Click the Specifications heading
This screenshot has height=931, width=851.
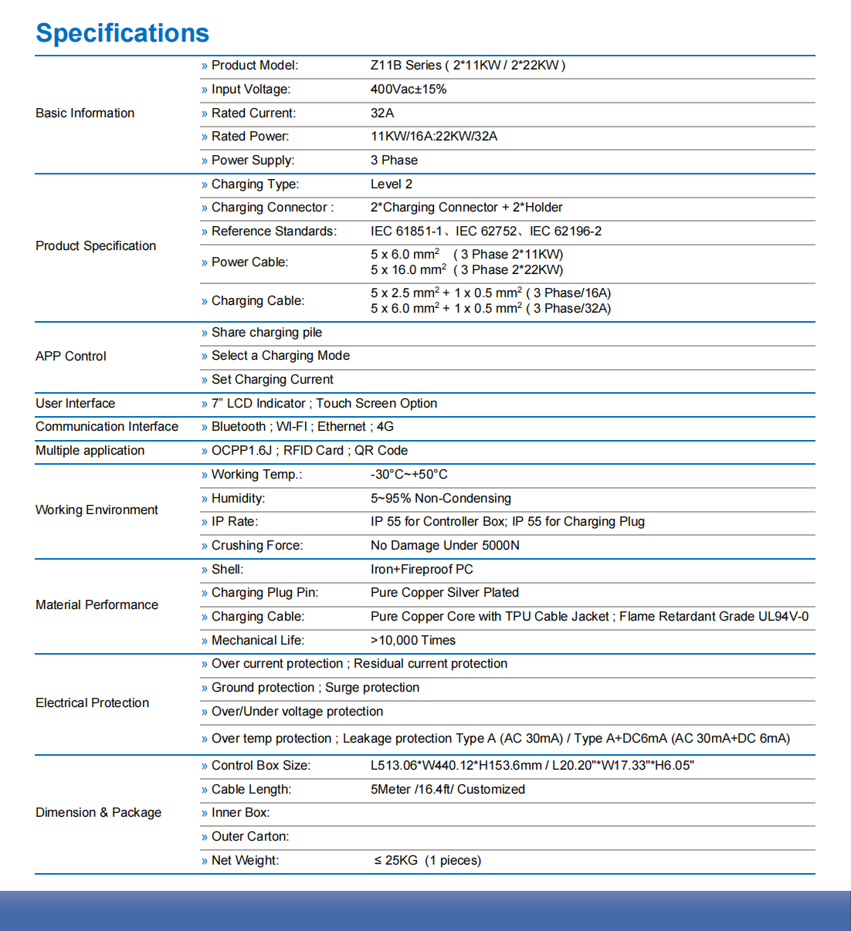pyautogui.click(x=122, y=33)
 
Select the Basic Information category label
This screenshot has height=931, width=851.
pyautogui.click(x=85, y=113)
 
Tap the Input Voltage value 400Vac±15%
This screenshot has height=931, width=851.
pyautogui.click(x=408, y=90)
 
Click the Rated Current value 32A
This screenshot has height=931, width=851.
pyautogui.click(x=382, y=113)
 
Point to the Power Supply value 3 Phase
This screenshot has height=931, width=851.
pyautogui.click(x=394, y=161)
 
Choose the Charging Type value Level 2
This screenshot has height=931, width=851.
pyautogui.click(x=391, y=185)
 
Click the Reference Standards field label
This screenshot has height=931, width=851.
pyautogui.click(x=273, y=232)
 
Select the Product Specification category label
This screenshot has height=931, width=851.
pyautogui.click(x=96, y=246)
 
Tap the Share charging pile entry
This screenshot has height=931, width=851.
pyautogui.click(x=266, y=333)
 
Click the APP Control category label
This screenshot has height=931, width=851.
pyautogui.click(x=71, y=357)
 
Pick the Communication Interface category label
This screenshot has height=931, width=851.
pyautogui.click(x=107, y=427)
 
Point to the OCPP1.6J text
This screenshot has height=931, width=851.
pyautogui.click(x=242, y=451)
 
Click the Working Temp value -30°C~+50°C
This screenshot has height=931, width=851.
pyautogui.click(x=409, y=475)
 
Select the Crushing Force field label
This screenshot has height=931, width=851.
pyautogui.click(x=256, y=546)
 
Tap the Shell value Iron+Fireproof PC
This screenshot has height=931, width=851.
pyautogui.click(x=422, y=570)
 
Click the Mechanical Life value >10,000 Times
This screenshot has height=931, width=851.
pyautogui.click(x=413, y=641)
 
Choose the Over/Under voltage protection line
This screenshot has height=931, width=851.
pyautogui.click(x=297, y=712)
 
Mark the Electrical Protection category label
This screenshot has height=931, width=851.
pyautogui.click(x=93, y=703)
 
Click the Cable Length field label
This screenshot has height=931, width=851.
pyautogui.click(x=251, y=790)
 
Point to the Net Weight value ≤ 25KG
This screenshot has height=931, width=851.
pyautogui.click(x=396, y=861)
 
